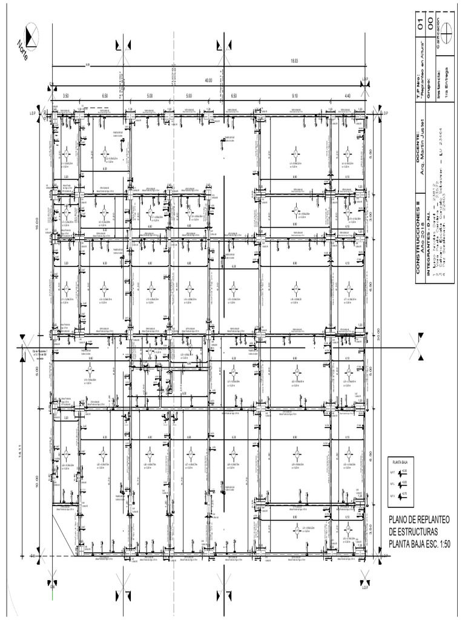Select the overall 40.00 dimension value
click(208, 80)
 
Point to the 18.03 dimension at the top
click(294, 61)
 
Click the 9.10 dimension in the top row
click(294, 96)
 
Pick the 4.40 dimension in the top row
click(348, 96)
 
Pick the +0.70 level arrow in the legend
click(401, 496)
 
